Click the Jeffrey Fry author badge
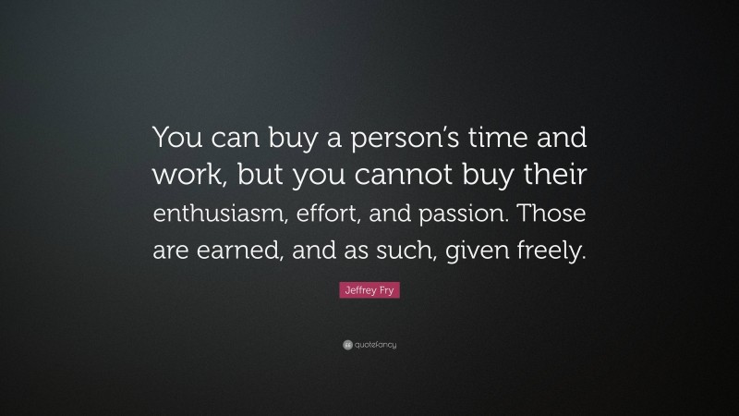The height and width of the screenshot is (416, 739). coord(369,293)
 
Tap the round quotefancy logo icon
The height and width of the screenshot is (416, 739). coord(346,345)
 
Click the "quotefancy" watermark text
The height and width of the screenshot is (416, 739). coord(375,345)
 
